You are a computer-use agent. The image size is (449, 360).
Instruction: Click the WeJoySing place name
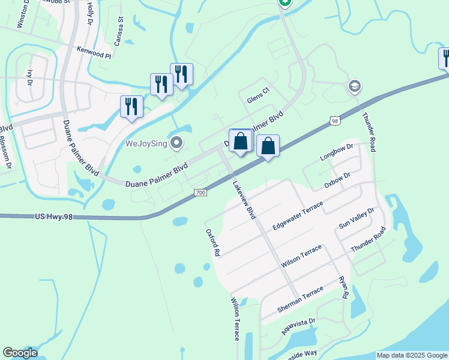pos(145,143)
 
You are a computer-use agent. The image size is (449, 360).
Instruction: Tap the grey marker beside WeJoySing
pos(176,143)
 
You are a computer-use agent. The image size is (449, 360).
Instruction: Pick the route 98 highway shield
pos(334,121)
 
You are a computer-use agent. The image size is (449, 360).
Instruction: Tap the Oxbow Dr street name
pos(337,181)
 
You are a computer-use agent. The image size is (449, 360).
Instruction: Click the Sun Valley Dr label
pos(357,218)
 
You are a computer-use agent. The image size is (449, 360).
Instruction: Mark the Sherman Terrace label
pos(300,299)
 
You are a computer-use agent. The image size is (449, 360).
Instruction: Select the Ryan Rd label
pos(343,287)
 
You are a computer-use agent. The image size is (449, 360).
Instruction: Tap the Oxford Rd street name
pos(211,242)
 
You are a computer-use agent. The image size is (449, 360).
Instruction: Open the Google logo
pos(20,353)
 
